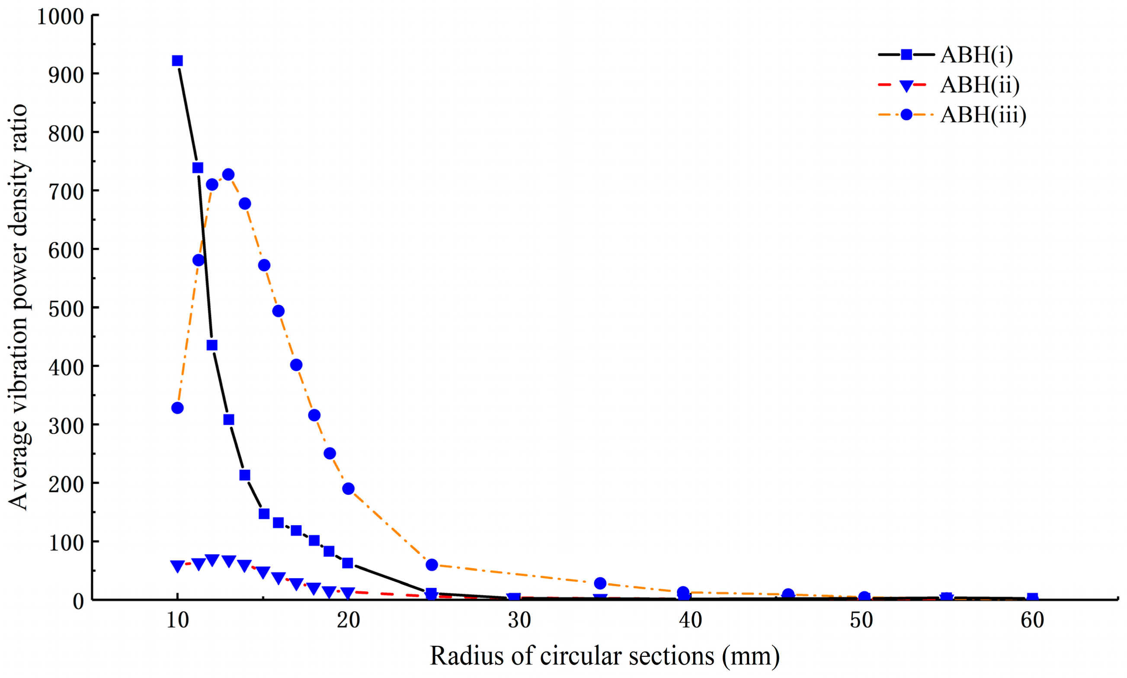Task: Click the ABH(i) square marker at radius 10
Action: click(x=177, y=61)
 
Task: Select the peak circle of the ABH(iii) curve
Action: click(x=228, y=174)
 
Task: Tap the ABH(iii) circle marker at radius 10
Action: click(x=177, y=408)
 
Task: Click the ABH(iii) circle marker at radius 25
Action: click(x=432, y=565)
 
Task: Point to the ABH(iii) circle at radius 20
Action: click(x=348, y=488)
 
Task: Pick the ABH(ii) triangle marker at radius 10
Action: click(x=177, y=566)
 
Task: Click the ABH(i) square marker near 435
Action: click(x=212, y=345)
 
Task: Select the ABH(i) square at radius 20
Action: click(x=348, y=562)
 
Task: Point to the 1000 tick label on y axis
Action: click(x=60, y=17)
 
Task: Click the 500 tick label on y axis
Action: click(x=66, y=309)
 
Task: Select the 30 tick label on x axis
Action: click(x=519, y=620)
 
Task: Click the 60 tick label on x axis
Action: click(x=1032, y=620)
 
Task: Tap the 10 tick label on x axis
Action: click(x=177, y=620)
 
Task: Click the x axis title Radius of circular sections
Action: click(x=605, y=656)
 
